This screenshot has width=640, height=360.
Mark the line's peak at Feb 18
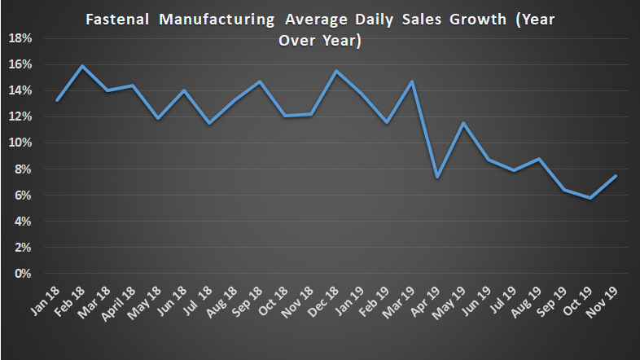[x=82, y=66]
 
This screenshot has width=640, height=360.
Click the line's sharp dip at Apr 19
[x=438, y=177]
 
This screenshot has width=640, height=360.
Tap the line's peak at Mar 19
[x=413, y=81]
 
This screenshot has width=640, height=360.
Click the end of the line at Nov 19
[x=616, y=176]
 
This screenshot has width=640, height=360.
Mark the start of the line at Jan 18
[x=57, y=100]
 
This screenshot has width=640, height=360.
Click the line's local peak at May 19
[x=463, y=123]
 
